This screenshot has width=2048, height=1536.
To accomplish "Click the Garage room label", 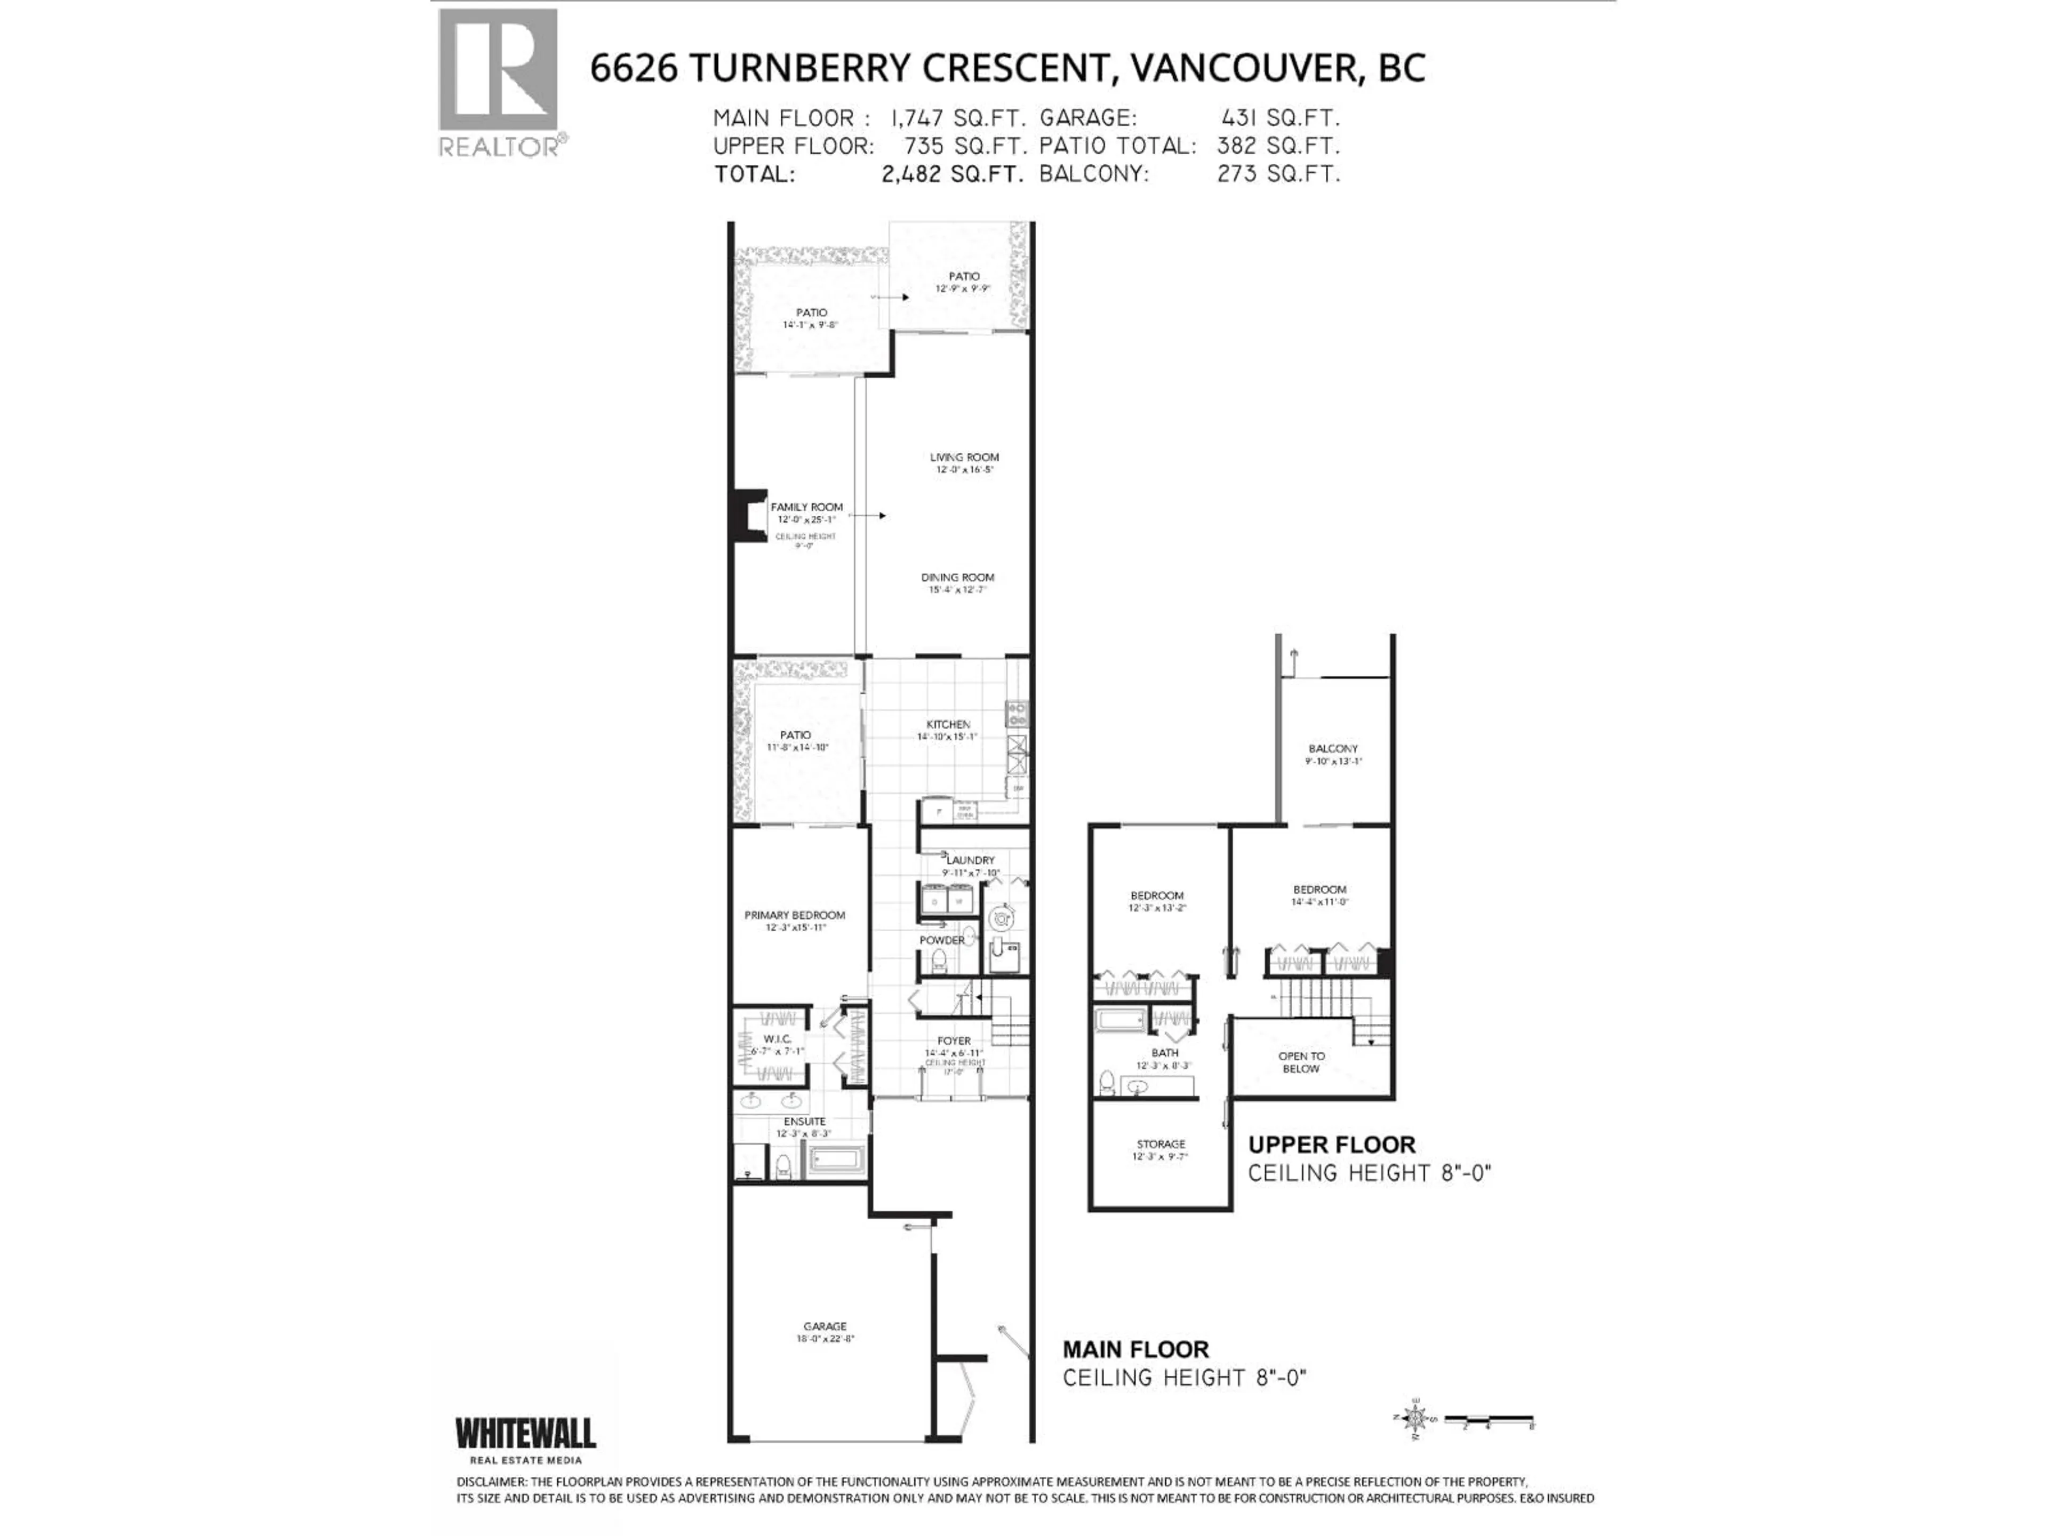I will (825, 1326).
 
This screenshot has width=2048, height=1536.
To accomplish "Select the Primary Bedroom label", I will (794, 915).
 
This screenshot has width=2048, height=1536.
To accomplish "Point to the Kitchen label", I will (948, 724).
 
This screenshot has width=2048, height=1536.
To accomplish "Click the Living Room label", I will (964, 457).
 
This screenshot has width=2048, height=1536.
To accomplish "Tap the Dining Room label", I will (957, 577).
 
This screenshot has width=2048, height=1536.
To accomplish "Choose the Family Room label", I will (806, 507).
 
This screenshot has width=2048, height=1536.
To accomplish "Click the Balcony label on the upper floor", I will (1333, 748).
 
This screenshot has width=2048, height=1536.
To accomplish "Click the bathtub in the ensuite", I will (836, 1159).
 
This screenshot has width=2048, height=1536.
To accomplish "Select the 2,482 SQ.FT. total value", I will (953, 174).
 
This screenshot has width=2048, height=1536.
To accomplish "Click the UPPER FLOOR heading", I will (1331, 1145).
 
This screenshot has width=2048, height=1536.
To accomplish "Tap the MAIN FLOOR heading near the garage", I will (1135, 1349).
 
